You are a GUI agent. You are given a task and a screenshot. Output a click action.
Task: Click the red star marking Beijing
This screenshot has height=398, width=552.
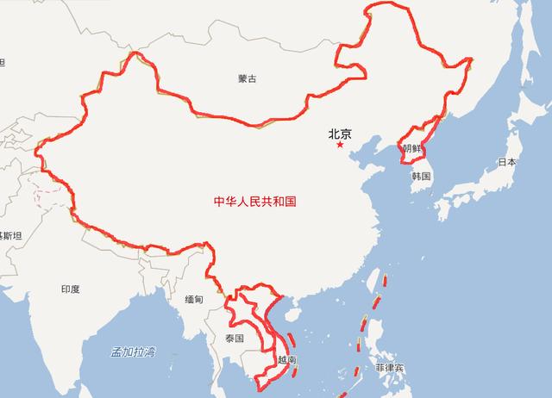(x=340, y=145)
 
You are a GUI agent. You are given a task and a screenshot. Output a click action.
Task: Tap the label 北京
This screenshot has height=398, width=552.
(x=340, y=134)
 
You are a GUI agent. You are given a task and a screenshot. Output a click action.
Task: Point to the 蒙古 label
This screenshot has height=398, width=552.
(x=248, y=79)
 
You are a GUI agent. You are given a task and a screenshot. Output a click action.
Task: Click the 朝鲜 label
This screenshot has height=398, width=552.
(x=412, y=149)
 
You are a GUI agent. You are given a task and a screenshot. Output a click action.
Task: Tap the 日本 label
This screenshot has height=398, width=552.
(x=507, y=161)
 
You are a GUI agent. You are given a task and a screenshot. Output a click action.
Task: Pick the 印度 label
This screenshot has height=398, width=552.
(x=70, y=289)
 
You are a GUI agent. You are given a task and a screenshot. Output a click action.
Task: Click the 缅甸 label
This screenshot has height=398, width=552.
(x=194, y=299)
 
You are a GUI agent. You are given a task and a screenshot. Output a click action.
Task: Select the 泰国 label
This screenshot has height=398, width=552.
(x=234, y=338)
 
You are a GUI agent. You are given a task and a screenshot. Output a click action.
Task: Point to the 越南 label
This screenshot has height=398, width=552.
(x=287, y=358)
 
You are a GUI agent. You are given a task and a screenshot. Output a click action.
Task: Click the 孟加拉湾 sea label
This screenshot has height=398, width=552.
(x=133, y=351)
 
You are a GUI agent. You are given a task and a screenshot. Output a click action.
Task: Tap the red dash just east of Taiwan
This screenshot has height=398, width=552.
(x=384, y=281)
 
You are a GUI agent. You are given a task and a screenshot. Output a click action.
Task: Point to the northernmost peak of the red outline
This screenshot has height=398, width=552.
(x=386, y=3)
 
